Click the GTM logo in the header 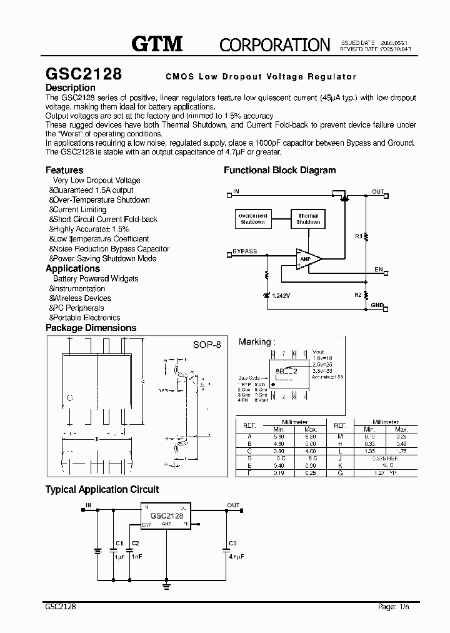[157, 43]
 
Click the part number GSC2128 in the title [84, 74]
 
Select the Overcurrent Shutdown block [252, 218]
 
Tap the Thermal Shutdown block [308, 218]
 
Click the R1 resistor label [358, 236]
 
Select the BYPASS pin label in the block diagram [244, 251]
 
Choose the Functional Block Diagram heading [279, 170]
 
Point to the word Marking [255, 342]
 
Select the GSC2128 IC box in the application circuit [166, 515]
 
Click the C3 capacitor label [232, 542]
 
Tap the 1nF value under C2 [136, 555]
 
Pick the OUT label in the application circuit [233, 505]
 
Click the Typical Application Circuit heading [102, 489]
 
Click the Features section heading [64, 170]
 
